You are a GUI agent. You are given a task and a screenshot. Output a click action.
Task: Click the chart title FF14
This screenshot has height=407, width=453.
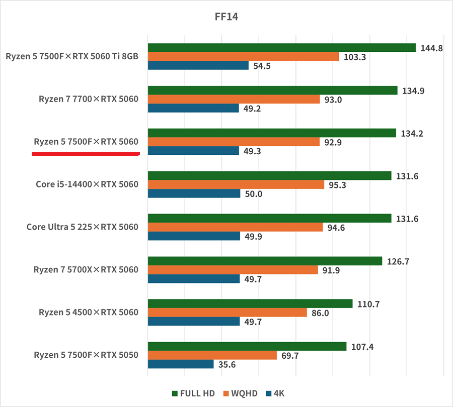pos(226,17)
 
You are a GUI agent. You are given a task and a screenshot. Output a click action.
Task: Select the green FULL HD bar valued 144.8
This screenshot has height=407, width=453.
pos(281,48)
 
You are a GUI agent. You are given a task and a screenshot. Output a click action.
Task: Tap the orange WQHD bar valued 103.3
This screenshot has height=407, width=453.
pos(243,57)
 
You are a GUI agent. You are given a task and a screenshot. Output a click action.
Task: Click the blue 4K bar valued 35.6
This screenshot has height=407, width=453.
pos(181,364)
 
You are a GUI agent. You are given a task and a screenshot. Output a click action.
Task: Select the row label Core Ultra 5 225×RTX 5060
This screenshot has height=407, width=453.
pos(82,227)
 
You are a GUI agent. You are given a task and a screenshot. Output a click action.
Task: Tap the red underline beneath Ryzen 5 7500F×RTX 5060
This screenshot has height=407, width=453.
pos(86,154)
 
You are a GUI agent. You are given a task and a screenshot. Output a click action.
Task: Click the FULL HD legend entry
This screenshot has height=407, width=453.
pos(193,393)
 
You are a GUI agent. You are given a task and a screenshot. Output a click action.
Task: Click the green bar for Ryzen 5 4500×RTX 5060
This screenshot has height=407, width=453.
pos(250,303)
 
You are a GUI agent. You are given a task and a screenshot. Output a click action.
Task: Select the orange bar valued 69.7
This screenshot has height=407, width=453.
pos(212,355)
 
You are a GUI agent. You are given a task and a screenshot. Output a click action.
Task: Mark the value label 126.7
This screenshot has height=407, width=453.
pos(399,262)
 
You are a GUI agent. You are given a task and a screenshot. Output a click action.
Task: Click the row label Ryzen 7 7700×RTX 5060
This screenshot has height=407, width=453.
pos(88,99)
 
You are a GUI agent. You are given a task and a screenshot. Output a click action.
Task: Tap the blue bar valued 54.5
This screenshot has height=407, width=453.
pos(198,65)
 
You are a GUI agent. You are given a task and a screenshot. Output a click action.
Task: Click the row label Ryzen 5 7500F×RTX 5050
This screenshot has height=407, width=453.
pos(86,355)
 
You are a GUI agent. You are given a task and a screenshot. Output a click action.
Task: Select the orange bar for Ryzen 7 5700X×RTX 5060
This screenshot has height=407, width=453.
pos(233,270)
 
